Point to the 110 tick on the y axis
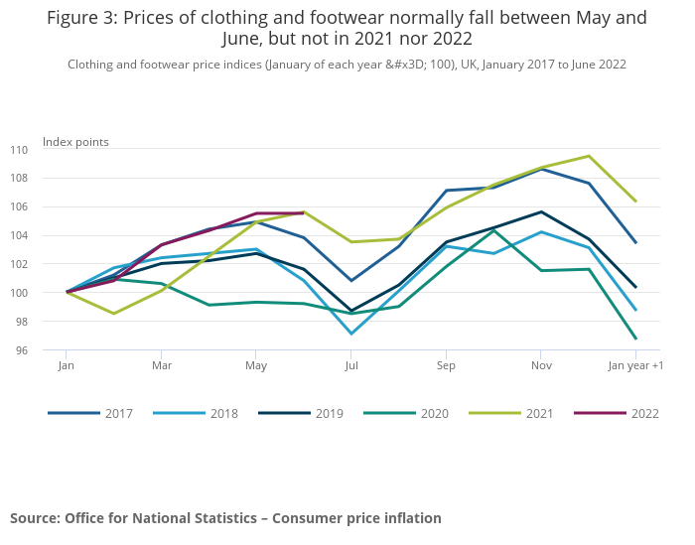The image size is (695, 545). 48,150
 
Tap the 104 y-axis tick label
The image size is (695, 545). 48,236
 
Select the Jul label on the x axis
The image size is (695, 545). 351,366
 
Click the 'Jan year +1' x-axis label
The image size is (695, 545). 636,366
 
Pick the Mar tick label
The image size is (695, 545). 161,366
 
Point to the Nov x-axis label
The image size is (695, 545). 540,366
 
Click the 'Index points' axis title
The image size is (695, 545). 75,142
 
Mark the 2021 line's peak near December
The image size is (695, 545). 589,156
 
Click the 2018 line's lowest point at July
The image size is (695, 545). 351,334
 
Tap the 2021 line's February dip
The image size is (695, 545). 113,314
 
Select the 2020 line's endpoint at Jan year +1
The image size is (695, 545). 635,339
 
